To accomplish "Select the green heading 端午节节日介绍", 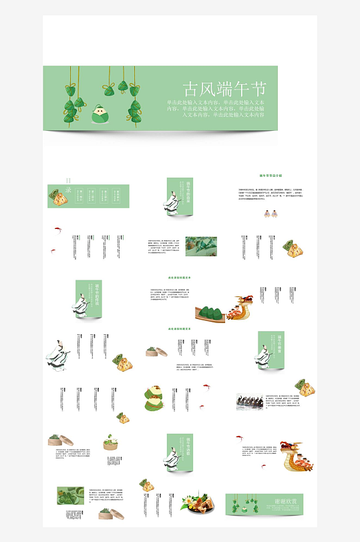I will (271, 176).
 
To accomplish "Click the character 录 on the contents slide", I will (68, 190).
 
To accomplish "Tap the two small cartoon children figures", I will (271, 214).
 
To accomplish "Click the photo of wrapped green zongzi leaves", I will (200, 246).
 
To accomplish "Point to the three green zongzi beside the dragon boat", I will (211, 313).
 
